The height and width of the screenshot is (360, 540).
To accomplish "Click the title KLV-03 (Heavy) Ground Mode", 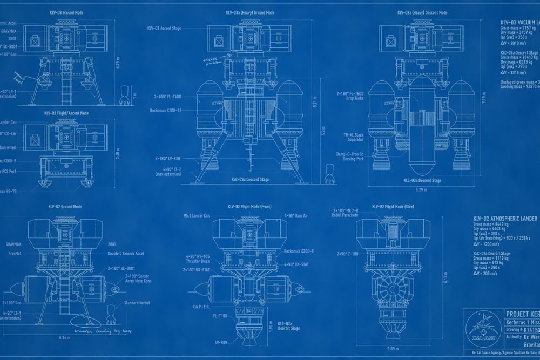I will coord(250,12).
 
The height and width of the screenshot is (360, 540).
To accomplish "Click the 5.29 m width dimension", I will coord(422,189).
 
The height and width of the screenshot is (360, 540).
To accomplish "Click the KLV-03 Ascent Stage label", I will coord(164,28).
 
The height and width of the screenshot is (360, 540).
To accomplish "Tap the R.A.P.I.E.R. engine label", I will coord(200,306).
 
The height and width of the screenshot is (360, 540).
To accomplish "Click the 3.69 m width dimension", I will coord(393,349).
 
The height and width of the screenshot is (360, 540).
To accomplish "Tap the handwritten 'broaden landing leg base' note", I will coord(104,329).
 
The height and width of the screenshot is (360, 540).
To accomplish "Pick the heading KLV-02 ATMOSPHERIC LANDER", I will coord(505,219).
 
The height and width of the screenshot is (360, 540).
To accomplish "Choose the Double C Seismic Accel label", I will coord(126,253).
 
